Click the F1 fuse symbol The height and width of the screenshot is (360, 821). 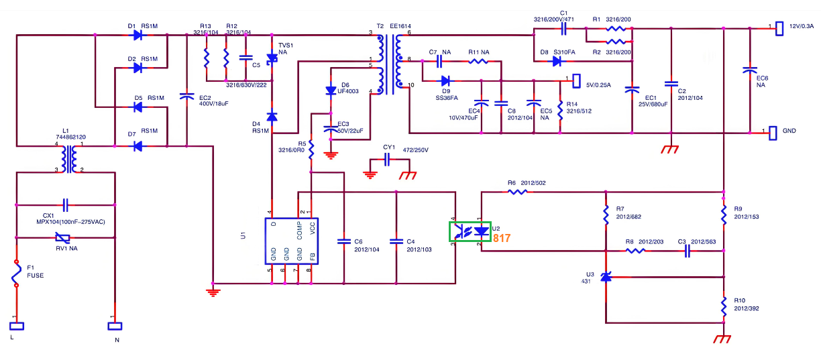click(16, 275)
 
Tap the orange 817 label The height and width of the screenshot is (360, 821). click(502, 238)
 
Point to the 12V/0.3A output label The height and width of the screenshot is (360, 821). click(801, 26)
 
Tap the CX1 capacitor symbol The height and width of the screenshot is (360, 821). click(66, 203)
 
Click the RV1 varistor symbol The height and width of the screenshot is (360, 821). click(62, 238)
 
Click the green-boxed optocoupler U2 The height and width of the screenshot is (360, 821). click(470, 231)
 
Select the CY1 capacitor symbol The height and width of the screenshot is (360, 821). click(386, 160)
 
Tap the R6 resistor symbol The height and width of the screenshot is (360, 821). click(516, 191)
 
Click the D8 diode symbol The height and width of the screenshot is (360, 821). click(556, 61)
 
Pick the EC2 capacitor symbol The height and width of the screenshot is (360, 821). click(186, 98)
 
